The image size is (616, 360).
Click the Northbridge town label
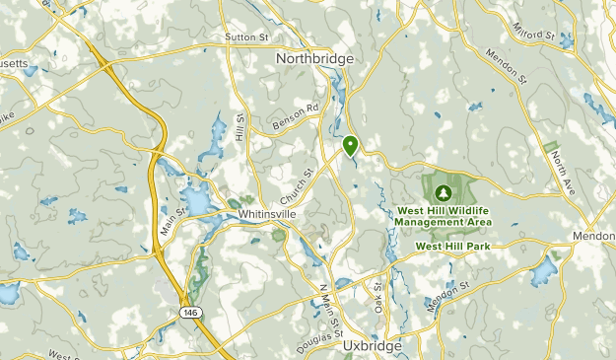coord(314,58)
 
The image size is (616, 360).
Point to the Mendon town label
coord(594,238)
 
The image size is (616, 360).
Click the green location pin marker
coord(350,146)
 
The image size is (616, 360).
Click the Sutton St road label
coord(247,37)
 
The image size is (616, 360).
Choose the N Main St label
coord(327,305)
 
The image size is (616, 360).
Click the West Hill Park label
coord(452,246)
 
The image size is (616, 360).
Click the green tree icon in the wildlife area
coord(443,191)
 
